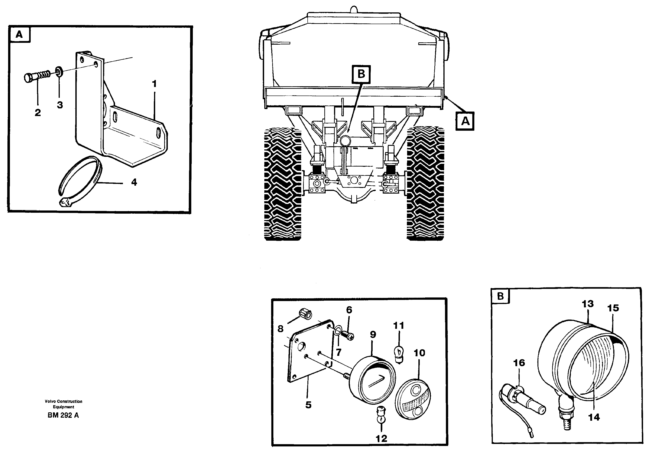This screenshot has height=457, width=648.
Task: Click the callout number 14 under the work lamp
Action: click(x=594, y=417)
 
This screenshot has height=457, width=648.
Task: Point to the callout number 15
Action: click(x=613, y=308)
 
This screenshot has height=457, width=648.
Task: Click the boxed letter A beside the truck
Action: click(x=465, y=121)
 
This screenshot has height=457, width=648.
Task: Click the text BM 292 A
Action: click(x=63, y=415)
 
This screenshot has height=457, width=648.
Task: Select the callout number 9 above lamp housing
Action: click(x=373, y=335)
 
